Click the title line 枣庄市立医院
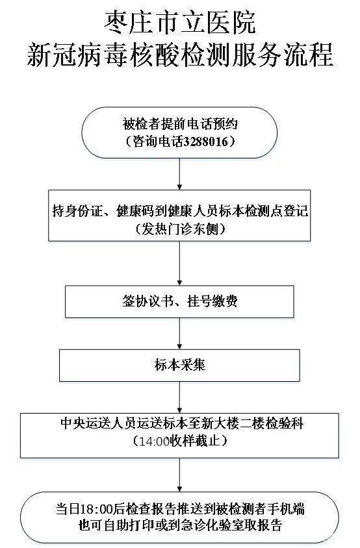180,24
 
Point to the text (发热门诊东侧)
180,229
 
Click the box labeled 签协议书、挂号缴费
180,303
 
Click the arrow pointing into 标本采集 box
179,335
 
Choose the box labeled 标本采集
180,365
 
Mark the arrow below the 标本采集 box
179,395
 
